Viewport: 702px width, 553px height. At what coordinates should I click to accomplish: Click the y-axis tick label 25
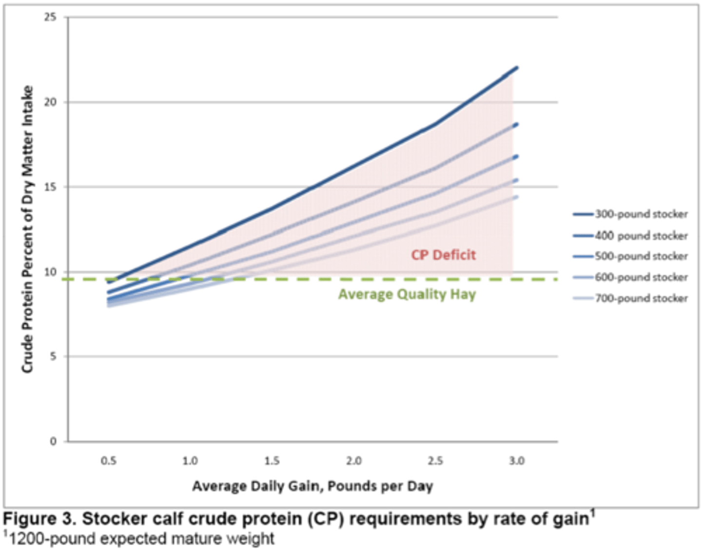(x=50, y=17)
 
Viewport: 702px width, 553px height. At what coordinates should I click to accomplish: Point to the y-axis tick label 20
(x=50, y=102)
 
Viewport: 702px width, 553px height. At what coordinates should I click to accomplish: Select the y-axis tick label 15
(x=50, y=187)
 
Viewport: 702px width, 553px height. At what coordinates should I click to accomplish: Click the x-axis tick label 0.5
(x=108, y=461)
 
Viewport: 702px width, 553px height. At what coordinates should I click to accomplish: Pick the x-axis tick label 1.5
(x=272, y=461)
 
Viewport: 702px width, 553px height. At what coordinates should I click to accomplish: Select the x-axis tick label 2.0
(x=354, y=461)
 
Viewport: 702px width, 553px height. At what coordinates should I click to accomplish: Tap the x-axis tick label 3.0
(x=517, y=461)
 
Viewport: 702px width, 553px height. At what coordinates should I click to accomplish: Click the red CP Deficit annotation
(x=443, y=255)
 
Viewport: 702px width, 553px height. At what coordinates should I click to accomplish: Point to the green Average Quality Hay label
(x=407, y=295)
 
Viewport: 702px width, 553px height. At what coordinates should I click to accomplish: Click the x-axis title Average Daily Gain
(x=312, y=486)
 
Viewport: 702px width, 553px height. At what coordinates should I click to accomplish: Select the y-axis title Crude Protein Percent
(x=27, y=229)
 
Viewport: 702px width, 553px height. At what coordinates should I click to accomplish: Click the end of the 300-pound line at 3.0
(x=516, y=68)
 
